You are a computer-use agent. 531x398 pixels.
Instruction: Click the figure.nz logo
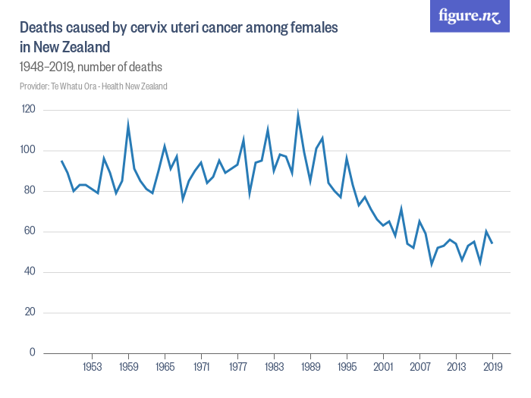click(x=470, y=17)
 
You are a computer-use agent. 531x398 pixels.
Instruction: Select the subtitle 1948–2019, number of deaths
click(x=91, y=67)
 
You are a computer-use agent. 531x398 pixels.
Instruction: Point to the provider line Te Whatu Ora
click(x=93, y=86)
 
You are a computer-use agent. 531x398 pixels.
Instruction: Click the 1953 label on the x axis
click(x=92, y=367)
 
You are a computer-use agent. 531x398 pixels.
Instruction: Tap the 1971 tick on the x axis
click(x=201, y=367)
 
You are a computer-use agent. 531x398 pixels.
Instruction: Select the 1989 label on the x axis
click(x=310, y=367)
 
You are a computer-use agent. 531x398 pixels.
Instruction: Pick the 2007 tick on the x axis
click(x=419, y=367)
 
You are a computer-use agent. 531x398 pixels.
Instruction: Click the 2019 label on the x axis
click(x=492, y=367)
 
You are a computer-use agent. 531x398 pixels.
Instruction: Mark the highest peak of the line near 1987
click(x=298, y=114)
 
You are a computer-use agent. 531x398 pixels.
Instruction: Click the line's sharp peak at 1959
click(x=128, y=124)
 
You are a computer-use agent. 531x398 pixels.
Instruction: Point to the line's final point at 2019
click(x=492, y=243)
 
